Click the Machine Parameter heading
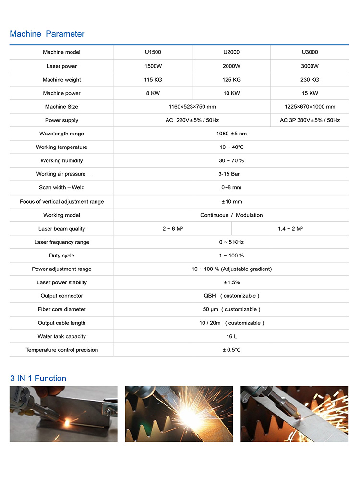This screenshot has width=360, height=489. click(x=47, y=34)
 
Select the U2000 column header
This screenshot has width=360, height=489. click(x=231, y=52)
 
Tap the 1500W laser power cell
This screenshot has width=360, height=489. click(x=153, y=66)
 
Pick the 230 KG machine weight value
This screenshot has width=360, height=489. click(x=310, y=80)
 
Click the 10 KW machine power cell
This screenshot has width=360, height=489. click(x=231, y=93)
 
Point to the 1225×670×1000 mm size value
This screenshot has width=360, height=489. click(x=310, y=107)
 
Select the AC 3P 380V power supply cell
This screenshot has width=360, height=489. click(x=310, y=120)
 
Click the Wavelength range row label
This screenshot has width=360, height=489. click(x=61, y=134)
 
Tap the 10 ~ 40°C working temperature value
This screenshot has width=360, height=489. click(x=231, y=147)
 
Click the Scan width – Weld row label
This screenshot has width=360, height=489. click(x=61, y=187)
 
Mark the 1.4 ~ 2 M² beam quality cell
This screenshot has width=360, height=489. click(x=290, y=229)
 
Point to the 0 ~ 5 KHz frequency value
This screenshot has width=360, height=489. click(x=231, y=242)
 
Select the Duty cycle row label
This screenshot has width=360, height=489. click(x=61, y=256)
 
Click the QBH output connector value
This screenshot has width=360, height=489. click(x=231, y=296)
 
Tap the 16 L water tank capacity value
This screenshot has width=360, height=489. click(x=231, y=336)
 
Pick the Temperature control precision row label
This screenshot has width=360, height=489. click(x=61, y=350)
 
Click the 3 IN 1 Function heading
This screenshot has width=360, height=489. click(x=38, y=379)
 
